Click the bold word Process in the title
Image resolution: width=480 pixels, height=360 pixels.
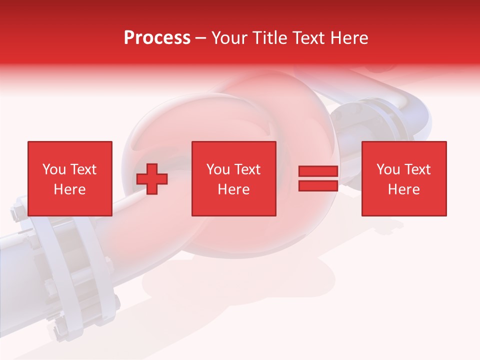157,37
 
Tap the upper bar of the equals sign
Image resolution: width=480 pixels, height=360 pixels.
318,171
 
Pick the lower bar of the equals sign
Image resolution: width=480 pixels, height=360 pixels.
318,185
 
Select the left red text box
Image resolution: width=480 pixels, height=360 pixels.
69,178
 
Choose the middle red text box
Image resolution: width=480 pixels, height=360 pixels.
233,178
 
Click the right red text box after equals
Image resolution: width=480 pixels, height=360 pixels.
403,178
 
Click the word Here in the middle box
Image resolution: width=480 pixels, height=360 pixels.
233,189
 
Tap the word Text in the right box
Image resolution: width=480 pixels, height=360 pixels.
417,169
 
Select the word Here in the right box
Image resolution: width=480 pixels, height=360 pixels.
403,189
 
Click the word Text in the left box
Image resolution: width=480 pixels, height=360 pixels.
83,169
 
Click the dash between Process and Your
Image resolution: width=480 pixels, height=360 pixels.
201,38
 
